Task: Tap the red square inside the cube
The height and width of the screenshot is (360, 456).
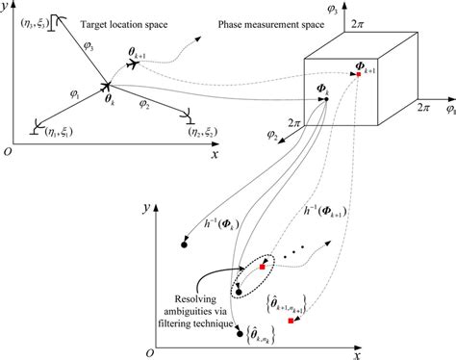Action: click(x=357, y=76)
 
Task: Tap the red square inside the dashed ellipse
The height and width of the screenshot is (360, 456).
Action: click(x=260, y=268)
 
